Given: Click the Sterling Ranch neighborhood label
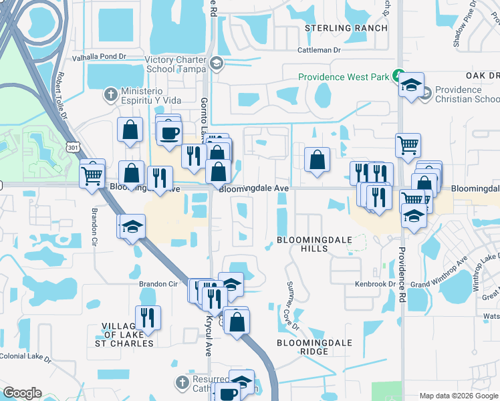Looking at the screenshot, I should pos(346,28).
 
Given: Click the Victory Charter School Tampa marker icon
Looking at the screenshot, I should pos(216,63).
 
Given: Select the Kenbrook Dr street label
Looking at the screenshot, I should pos(376,284).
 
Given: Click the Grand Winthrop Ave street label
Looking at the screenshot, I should pos(439,273).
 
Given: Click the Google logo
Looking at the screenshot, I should pos(22,393).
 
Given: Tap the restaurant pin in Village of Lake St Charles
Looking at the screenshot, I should pos(147,317).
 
